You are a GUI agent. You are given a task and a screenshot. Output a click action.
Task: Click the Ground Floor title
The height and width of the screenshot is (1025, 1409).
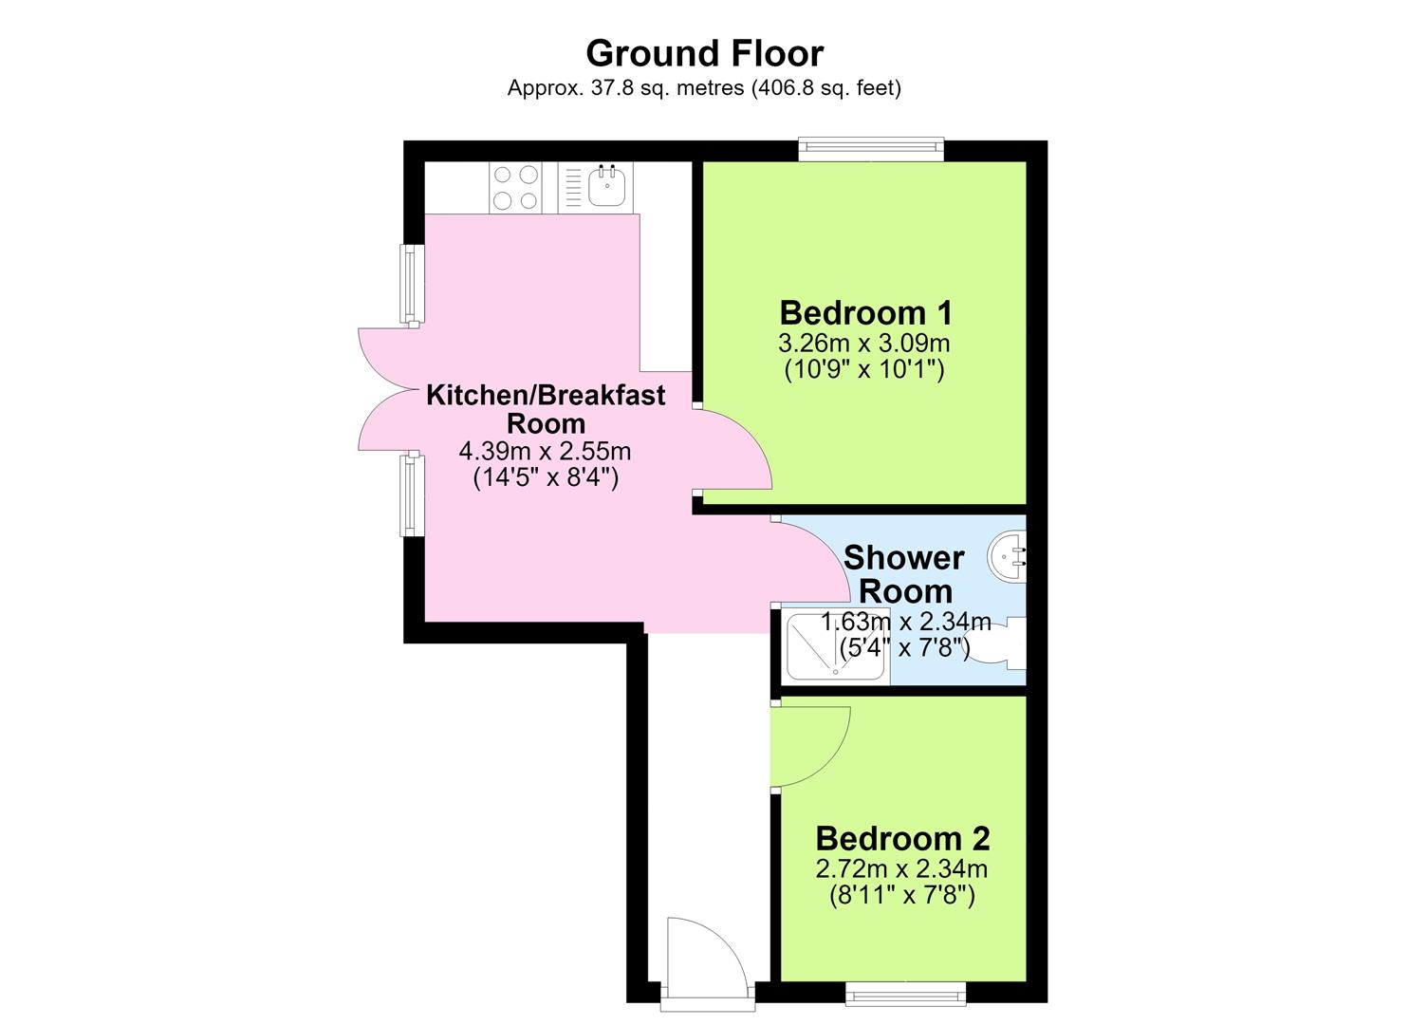pos(704,54)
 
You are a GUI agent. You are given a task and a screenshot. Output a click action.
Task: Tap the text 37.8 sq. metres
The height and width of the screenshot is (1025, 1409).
pos(668,87)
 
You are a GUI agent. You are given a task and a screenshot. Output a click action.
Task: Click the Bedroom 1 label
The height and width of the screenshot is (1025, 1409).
pos(865,313)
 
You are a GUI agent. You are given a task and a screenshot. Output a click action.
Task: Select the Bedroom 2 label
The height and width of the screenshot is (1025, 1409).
pos(902,838)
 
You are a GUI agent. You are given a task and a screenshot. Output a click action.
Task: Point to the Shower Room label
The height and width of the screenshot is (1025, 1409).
pos(904,574)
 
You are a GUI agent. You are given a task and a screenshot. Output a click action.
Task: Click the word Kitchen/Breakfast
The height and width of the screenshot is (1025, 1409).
pos(546,395)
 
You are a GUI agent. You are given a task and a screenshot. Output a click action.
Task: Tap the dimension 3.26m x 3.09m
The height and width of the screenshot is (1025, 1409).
pos(864,344)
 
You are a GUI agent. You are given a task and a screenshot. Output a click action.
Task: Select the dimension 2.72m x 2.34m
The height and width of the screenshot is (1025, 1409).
pos(901,869)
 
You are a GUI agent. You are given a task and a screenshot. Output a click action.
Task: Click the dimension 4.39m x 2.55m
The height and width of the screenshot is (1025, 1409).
pos(545,451)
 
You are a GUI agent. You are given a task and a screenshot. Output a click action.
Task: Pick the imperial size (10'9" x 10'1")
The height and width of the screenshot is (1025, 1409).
pos(864,369)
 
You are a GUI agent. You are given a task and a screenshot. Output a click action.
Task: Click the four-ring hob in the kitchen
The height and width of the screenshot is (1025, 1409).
pos(515,187)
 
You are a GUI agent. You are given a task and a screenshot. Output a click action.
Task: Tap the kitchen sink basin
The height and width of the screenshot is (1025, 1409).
pos(607,186)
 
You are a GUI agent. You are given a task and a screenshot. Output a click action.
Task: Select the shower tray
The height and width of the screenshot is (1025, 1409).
pos(837,645)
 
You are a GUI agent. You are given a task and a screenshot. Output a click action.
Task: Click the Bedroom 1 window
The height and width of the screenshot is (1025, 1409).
pos(872,148)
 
